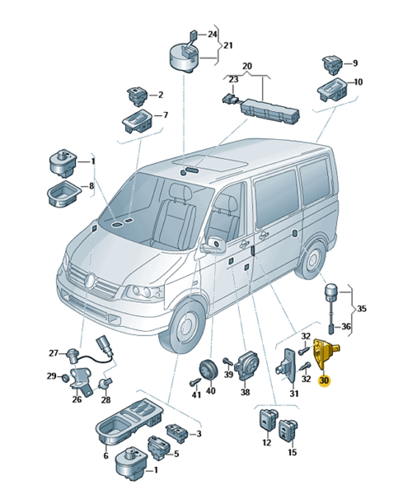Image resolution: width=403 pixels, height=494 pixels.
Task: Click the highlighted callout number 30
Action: (x=324, y=380)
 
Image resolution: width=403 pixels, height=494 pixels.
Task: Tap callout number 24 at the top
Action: (x=213, y=34)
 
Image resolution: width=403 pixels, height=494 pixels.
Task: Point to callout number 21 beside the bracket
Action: (x=227, y=45)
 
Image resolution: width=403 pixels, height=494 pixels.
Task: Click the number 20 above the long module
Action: (x=247, y=66)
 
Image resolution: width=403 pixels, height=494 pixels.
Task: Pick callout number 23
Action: (x=233, y=79)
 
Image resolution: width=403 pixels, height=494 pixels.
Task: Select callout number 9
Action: (x=355, y=63)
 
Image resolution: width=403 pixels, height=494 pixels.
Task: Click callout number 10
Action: (x=358, y=82)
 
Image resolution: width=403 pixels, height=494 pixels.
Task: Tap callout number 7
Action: (x=165, y=115)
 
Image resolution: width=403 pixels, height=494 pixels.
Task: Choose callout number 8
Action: (x=91, y=186)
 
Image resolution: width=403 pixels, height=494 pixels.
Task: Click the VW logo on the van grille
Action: (x=90, y=280)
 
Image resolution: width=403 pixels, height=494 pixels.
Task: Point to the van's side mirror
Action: (x=213, y=245)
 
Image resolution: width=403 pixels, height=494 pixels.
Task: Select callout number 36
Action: (x=346, y=326)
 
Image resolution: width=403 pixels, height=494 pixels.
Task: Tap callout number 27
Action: (x=54, y=353)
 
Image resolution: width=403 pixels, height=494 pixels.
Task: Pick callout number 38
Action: (x=245, y=392)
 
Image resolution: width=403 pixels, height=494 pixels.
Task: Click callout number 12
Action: (x=267, y=443)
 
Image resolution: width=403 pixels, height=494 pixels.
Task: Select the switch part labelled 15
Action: (x=288, y=431)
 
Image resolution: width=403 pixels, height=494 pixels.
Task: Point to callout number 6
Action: (x=105, y=455)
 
